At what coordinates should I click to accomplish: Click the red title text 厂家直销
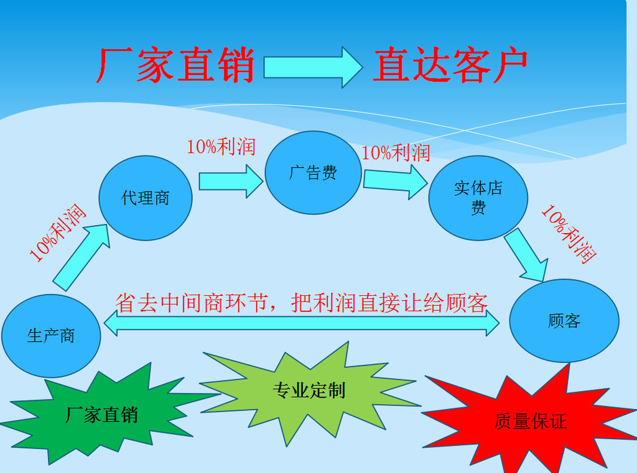pos(175,66)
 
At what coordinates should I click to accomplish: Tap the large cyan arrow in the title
pos(313,67)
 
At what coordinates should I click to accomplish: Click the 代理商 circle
pos(146,198)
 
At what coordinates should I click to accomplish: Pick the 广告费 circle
pos(313,173)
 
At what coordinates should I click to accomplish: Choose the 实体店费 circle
pos(478,198)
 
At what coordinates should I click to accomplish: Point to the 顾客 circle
pos(564,321)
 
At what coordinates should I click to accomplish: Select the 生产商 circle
pos(51,336)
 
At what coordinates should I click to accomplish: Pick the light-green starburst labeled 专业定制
pos(309,391)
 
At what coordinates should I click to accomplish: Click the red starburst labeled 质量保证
pos(530,421)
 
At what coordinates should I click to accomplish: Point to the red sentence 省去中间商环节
pos(302,303)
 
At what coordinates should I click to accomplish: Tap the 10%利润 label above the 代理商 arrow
pos(221,147)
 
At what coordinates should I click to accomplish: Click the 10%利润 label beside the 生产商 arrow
pos(57,232)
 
